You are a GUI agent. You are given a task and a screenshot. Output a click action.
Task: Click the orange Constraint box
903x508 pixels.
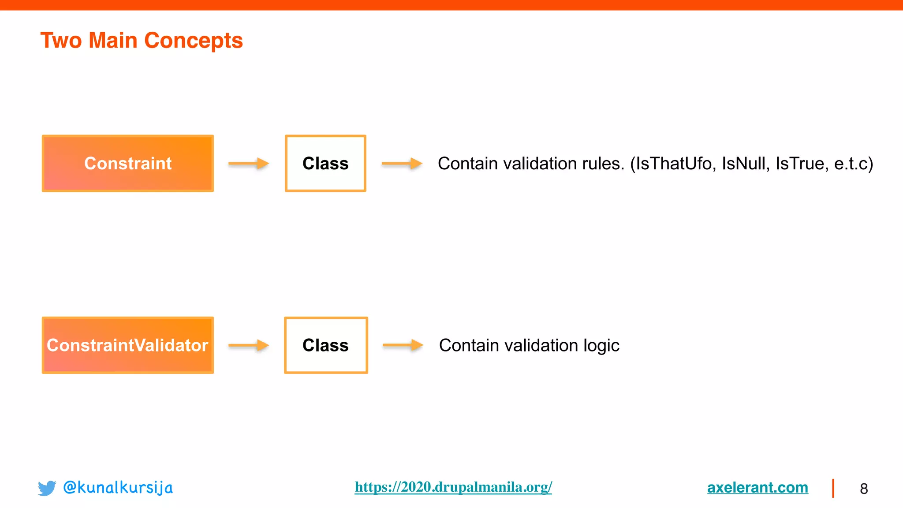pos(128,163)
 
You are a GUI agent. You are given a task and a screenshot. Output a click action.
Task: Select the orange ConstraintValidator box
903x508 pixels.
pos(128,345)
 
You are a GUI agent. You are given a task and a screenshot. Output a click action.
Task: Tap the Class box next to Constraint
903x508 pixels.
pos(325,163)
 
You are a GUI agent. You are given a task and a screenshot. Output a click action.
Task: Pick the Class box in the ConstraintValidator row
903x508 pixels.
pos(326,345)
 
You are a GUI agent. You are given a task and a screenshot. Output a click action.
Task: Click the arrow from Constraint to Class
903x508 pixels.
pos(249,164)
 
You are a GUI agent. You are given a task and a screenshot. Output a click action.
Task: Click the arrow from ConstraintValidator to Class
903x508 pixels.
pos(249,345)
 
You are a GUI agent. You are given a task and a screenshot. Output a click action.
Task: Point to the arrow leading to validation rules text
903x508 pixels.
pos(402,164)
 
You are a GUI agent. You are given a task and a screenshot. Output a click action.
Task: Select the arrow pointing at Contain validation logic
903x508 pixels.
pos(403,345)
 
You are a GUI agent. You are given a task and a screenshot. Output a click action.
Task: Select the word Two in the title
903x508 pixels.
pos(61,41)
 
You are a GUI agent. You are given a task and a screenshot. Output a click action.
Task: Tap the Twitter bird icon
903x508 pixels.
pos(47,488)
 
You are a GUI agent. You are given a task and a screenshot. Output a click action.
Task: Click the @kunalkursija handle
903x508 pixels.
pos(118,488)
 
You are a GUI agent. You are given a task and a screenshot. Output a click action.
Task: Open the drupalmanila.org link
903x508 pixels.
pos(453,487)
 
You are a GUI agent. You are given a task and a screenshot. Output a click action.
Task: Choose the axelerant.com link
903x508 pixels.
pos(757,487)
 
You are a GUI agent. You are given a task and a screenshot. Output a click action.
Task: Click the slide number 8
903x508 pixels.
pos(864,489)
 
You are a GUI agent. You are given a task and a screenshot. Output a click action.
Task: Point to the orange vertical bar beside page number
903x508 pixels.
pos(833,488)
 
